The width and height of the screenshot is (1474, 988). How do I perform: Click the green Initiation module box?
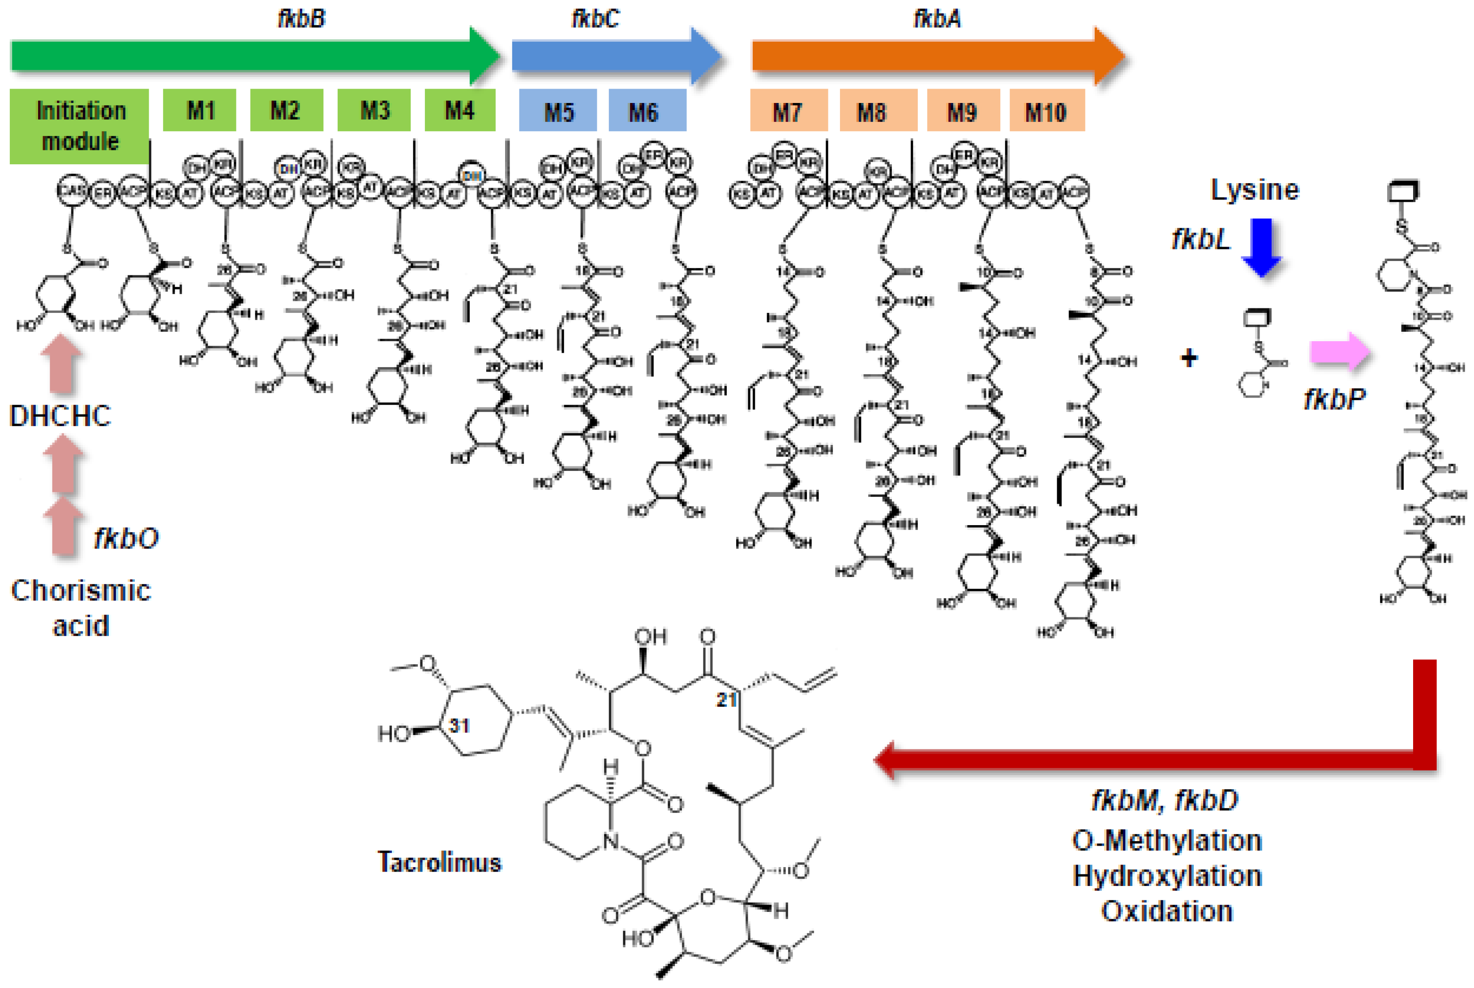click(79, 126)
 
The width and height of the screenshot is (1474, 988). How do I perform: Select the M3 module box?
click(374, 111)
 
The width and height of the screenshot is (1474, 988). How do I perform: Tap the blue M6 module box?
click(647, 111)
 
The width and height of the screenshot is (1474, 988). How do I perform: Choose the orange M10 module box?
click(1046, 111)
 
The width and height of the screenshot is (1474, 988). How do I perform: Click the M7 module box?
click(788, 111)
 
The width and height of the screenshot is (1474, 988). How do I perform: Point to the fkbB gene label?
click(301, 18)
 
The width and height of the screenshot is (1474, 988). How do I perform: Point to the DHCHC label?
click(60, 416)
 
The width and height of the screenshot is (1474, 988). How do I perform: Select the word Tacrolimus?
click(439, 862)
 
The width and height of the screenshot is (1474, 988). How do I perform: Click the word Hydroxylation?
click(1167, 876)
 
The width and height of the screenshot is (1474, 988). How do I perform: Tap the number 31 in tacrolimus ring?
click(459, 725)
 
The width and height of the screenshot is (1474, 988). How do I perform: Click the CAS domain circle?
click(71, 190)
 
